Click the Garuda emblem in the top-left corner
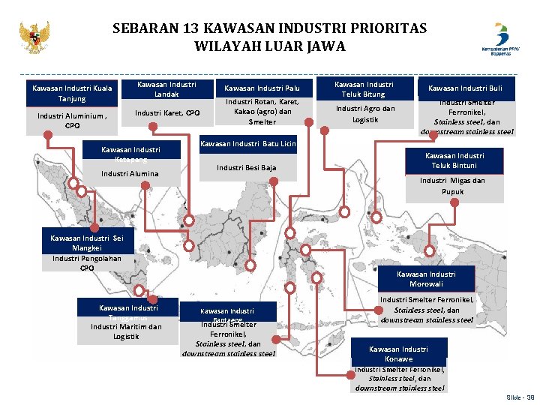[x=34, y=37]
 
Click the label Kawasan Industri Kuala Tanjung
[x=72, y=93]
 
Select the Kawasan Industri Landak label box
[x=166, y=89]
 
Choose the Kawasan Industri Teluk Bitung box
[x=363, y=89]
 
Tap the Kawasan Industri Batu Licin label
[x=248, y=143]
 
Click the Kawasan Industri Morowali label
[x=425, y=279]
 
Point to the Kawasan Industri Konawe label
[x=398, y=353]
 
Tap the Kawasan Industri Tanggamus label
[x=127, y=312]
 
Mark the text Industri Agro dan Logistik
[x=364, y=113]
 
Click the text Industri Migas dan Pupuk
[x=451, y=186]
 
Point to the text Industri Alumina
[x=130, y=174]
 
